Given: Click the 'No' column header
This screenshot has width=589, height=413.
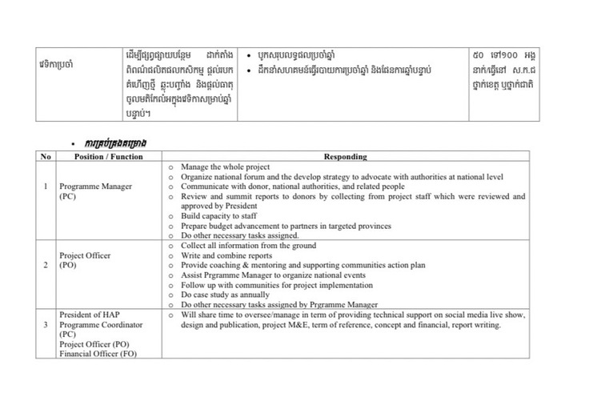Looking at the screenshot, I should click(x=46, y=157).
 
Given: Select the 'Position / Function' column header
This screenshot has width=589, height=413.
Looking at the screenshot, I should click(x=108, y=157).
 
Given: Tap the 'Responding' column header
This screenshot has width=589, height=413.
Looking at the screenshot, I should click(x=346, y=157).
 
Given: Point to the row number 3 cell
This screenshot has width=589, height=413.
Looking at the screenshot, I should click(x=46, y=324).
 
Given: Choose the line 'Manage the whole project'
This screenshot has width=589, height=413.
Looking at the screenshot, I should click(x=224, y=166).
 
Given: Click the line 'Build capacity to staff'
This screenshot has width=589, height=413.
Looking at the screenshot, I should click(x=220, y=216).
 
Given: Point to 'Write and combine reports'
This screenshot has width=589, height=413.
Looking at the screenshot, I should click(x=226, y=255).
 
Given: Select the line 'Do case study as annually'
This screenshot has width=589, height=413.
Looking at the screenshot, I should click(x=226, y=295).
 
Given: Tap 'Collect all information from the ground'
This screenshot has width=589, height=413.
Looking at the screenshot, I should click(x=248, y=246).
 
